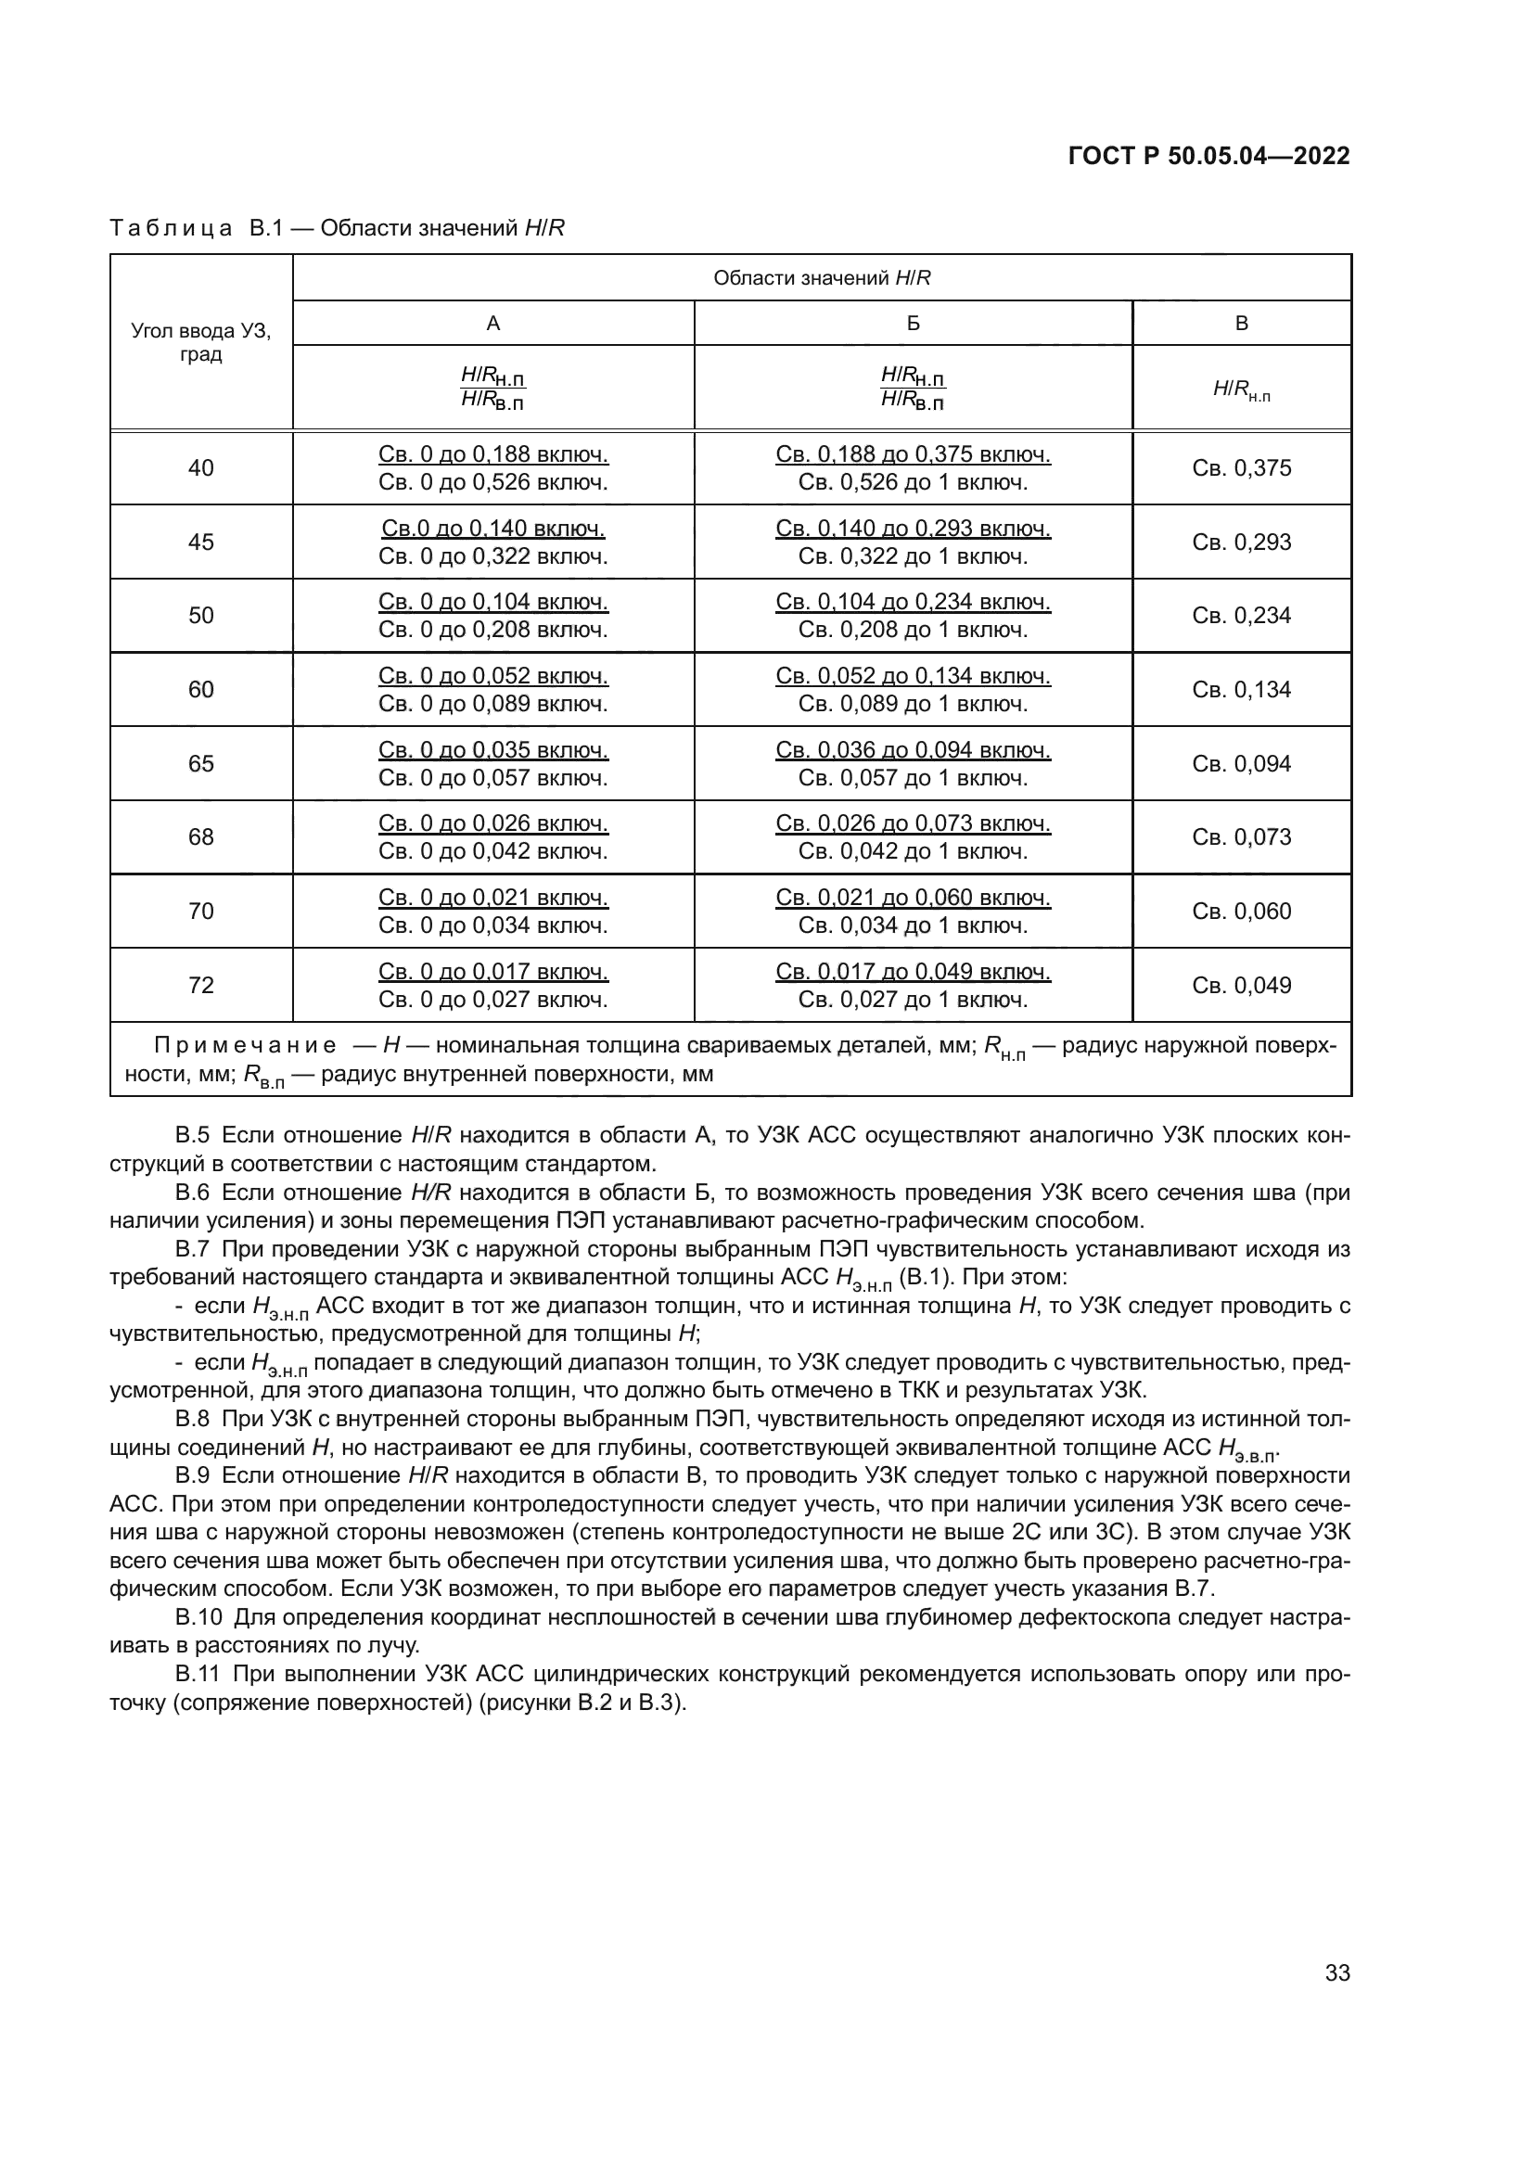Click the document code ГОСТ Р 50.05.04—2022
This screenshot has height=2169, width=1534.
click(x=1208, y=156)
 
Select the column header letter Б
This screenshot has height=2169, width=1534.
click(x=913, y=323)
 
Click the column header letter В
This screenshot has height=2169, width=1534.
click(x=1241, y=323)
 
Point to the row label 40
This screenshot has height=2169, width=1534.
click(x=201, y=468)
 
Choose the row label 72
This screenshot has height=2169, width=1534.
click(x=201, y=986)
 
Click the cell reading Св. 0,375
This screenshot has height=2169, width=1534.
click(x=1241, y=468)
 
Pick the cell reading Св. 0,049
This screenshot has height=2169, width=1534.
click(x=1241, y=986)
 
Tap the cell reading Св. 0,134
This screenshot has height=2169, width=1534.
click(x=1241, y=690)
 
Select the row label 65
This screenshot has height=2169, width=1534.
click(x=201, y=763)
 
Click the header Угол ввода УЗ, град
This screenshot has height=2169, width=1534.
click(x=201, y=343)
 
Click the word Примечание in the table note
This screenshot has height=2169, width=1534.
click(x=245, y=1046)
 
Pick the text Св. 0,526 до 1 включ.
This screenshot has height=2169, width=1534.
click(x=913, y=483)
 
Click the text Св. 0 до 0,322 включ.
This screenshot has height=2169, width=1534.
click(x=493, y=556)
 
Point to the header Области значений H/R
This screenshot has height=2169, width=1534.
click(x=822, y=278)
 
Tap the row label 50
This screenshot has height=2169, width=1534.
click(x=201, y=616)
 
